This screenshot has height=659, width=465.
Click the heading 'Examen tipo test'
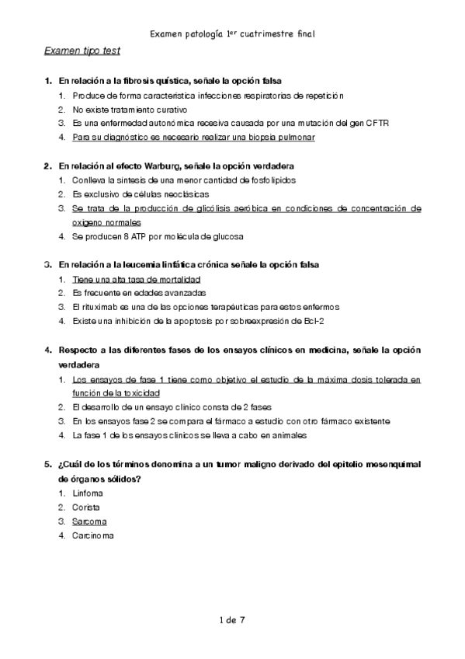pyautogui.click(x=82, y=52)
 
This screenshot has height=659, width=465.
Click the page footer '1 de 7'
pyautogui.click(x=232, y=619)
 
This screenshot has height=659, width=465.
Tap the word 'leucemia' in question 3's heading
pyautogui.click(x=144, y=264)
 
